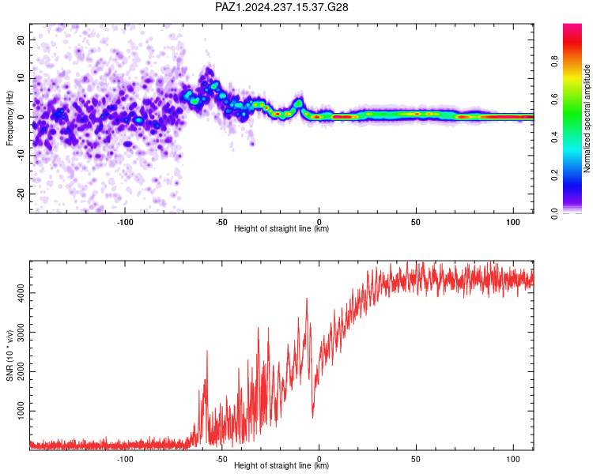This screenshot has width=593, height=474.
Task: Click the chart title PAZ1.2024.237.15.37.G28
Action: (x=281, y=7)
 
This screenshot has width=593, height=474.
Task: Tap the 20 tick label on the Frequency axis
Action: (x=21, y=39)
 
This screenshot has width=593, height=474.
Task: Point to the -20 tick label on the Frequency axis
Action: (x=21, y=194)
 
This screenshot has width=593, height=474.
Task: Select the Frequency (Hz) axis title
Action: (x=9, y=118)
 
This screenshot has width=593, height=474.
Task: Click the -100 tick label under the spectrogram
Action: (x=125, y=222)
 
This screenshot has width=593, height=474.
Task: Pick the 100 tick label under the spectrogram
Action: (x=513, y=222)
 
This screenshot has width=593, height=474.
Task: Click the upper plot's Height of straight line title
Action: (x=281, y=228)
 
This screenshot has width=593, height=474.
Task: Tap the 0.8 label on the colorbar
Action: (x=554, y=62)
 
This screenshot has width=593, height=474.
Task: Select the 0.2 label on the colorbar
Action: (x=554, y=175)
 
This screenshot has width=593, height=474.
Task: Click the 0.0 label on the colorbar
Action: (x=554, y=213)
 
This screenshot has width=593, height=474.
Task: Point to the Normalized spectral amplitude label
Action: (x=587, y=118)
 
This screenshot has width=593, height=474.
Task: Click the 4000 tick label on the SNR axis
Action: (x=21, y=293)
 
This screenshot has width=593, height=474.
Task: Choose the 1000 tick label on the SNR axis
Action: (x=21, y=411)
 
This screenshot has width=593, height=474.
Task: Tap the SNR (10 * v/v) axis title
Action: (x=9, y=355)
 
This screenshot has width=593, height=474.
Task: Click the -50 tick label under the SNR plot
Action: (x=221, y=459)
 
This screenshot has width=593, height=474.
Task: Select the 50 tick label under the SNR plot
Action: (x=416, y=459)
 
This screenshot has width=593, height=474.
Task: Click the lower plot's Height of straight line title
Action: (x=281, y=465)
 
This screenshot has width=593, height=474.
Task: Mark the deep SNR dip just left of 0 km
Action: (x=313, y=416)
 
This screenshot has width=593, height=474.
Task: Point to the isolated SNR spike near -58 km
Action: (x=207, y=352)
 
